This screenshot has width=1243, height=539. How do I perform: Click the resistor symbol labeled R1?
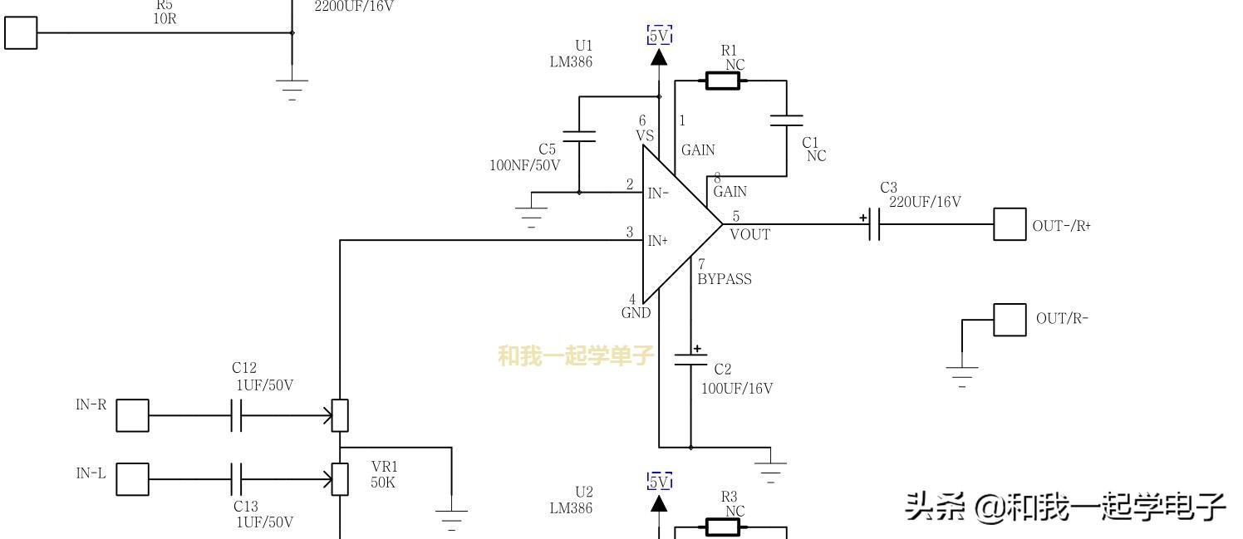[722, 81]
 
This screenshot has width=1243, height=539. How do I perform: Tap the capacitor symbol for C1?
[786, 121]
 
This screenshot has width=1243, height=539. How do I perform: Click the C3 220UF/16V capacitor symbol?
[873, 225]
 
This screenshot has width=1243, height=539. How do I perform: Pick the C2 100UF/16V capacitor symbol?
[690, 360]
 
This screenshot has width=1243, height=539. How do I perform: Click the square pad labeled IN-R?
[132, 415]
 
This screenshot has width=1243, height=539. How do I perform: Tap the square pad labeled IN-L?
[132, 479]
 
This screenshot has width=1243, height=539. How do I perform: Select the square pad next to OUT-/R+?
[1010, 225]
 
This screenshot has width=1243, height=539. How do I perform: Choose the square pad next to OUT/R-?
[1010, 320]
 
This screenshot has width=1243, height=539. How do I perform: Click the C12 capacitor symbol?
[236, 415]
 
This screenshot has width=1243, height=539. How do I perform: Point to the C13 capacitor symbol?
[236, 479]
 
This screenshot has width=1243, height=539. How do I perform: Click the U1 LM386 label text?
[572, 54]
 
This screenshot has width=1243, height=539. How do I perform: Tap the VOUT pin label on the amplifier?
[749, 235]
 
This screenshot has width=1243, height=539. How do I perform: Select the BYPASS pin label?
[724, 280]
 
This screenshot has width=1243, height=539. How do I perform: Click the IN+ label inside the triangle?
[657, 242]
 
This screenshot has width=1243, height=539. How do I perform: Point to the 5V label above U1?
[659, 36]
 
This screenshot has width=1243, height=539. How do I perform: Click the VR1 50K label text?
[384, 474]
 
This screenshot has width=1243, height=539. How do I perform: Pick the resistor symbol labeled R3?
[722, 527]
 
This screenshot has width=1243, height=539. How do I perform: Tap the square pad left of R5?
[21, 33]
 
